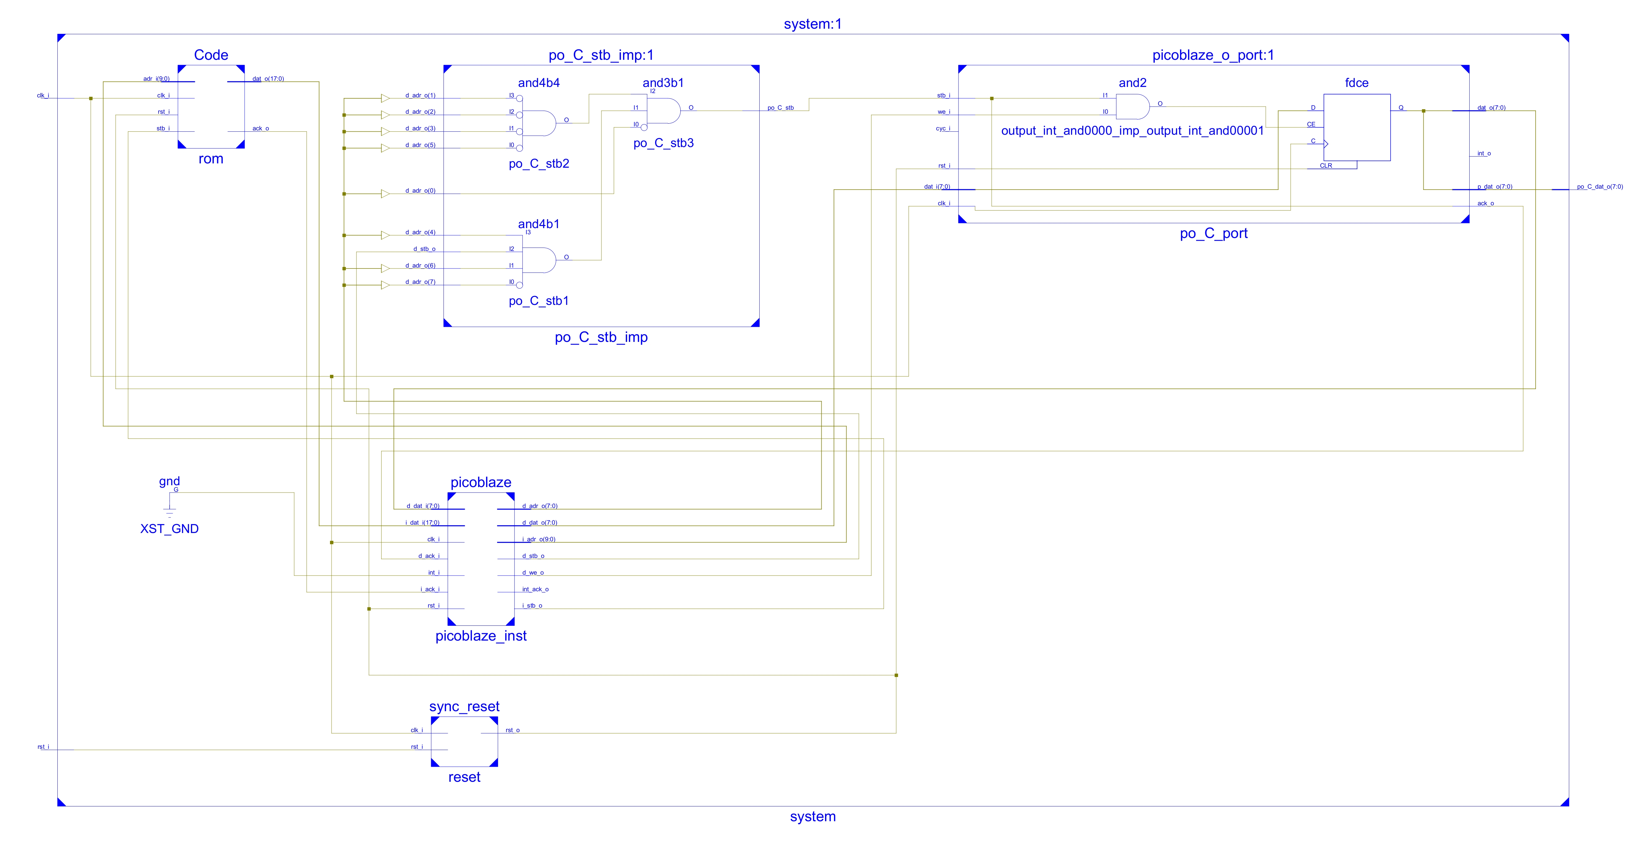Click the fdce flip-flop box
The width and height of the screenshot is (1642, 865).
click(1356, 127)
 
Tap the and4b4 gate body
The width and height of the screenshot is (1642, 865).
click(539, 123)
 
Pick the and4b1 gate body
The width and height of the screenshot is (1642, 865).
click(539, 260)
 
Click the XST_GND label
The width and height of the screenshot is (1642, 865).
click(170, 529)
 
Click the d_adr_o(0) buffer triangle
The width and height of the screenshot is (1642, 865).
click(385, 194)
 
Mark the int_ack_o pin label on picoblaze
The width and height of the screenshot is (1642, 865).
click(535, 589)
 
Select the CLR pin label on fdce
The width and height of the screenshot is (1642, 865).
click(1326, 166)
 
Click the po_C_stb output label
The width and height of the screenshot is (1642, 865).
click(780, 108)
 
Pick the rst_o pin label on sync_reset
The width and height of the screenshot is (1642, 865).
click(513, 731)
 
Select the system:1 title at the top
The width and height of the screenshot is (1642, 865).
click(813, 24)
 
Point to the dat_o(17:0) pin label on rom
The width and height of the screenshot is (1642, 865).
click(268, 79)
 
